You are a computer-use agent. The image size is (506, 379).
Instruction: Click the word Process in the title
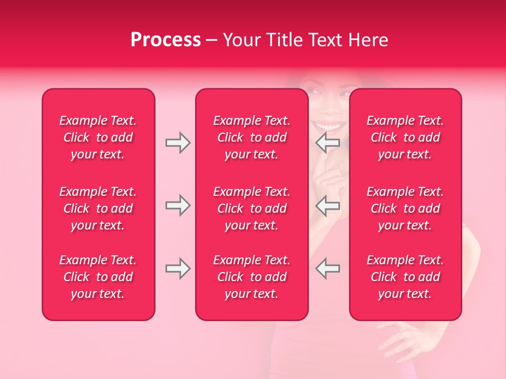166,40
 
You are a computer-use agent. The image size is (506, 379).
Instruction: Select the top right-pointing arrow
178,143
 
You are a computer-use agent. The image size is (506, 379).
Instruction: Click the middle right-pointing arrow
178,205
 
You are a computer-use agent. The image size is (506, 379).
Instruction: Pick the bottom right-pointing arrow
178,268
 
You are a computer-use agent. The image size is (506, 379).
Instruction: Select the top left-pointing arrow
328,143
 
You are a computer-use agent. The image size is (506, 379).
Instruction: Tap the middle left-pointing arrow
328,205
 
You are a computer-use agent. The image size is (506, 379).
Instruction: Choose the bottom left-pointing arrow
328,268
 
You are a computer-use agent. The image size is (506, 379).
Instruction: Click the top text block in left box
98,137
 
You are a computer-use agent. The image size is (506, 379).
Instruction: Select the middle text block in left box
98,208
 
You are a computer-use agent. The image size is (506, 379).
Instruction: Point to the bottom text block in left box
98,277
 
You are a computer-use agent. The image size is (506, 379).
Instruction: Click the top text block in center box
251,137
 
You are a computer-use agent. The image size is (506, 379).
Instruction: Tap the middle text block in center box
251,208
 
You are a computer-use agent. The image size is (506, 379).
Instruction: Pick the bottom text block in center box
251,277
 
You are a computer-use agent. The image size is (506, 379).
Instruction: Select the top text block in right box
405,137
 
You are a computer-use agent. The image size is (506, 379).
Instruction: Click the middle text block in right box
405,208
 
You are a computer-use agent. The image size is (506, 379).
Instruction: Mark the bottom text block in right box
405,277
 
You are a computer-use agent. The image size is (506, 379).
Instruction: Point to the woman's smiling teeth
328,127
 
